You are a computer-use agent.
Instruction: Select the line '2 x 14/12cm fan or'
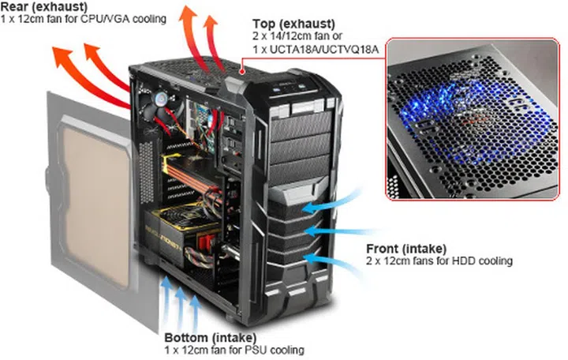(310, 36)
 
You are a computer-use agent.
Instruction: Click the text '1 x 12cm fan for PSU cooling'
(234, 348)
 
